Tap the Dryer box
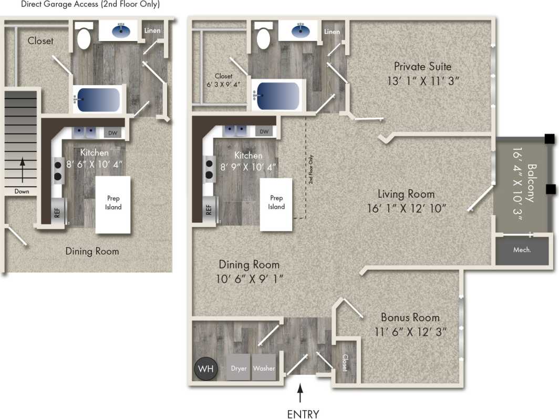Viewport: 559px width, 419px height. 239,368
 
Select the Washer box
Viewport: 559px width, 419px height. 264,368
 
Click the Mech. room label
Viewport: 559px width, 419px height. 522,250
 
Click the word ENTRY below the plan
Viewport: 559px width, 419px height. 303,414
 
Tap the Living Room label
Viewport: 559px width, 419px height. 406,194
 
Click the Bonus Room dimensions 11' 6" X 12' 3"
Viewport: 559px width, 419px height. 410,332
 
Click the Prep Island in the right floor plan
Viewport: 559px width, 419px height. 276,203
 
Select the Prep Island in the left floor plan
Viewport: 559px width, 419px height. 113,203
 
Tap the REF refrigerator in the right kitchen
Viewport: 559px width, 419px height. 209,209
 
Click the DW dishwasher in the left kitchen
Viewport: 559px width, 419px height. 112,133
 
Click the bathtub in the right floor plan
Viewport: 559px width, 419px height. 277,96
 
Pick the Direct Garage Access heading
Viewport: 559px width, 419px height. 90,4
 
